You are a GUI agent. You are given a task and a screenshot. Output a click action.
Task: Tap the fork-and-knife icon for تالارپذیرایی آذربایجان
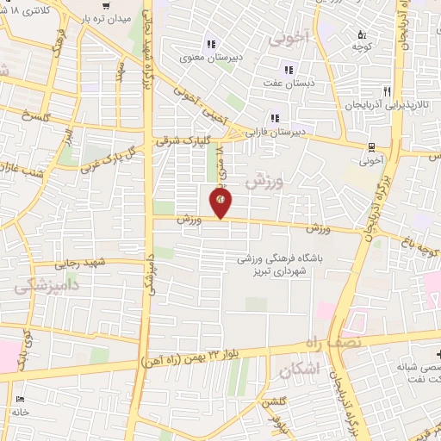[x=388, y=90]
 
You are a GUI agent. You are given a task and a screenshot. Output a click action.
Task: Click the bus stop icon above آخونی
[x=371, y=146]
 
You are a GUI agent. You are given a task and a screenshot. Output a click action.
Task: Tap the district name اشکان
[x=300, y=369]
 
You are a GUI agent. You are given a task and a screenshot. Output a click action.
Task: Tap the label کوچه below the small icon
[x=362, y=47]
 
